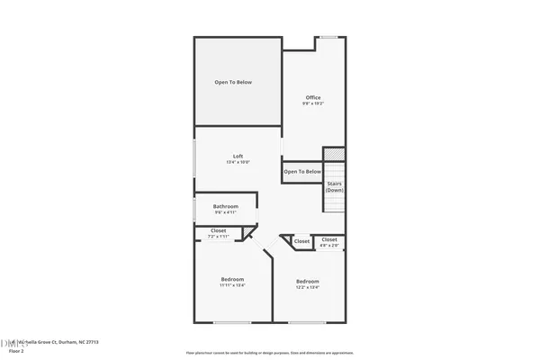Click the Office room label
click(x=313, y=97)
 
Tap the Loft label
click(x=238, y=156)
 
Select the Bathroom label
click(x=226, y=206)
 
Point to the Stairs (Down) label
click(x=335, y=186)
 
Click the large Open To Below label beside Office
click(x=233, y=83)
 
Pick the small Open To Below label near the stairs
click(x=302, y=171)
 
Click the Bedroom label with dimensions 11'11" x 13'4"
click(x=233, y=281)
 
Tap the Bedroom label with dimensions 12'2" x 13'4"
click(x=308, y=282)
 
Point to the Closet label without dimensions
click(x=301, y=241)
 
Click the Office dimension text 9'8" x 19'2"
click(x=313, y=103)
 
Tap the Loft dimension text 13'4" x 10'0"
click(x=238, y=162)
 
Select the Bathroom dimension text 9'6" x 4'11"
click(x=226, y=212)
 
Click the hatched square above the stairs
click(x=334, y=156)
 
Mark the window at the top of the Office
click(x=330, y=38)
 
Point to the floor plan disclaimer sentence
click(x=269, y=352)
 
